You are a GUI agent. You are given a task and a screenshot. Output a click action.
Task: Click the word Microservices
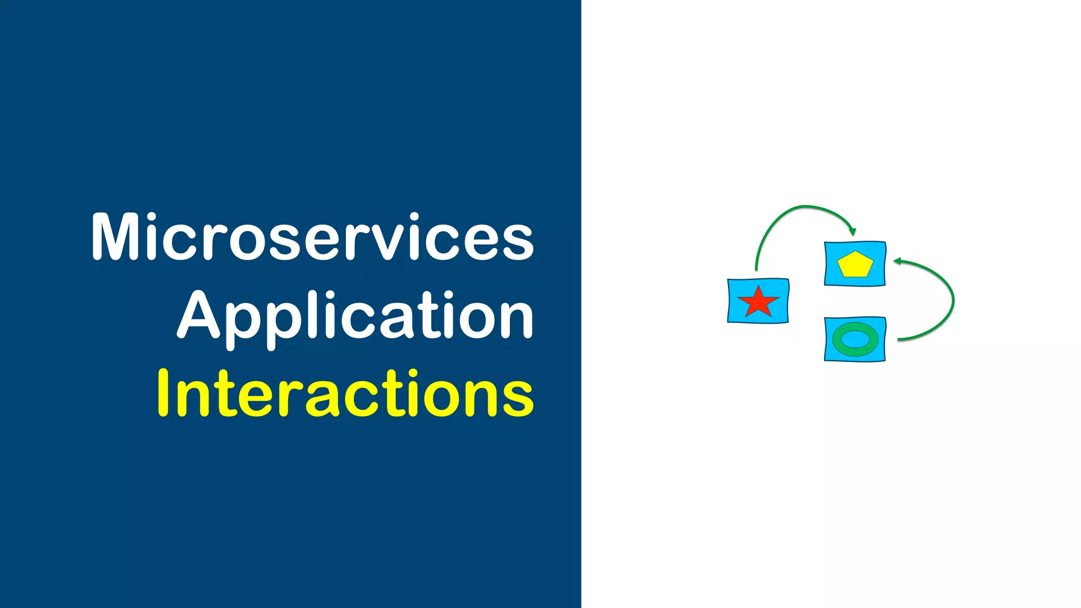[312, 237]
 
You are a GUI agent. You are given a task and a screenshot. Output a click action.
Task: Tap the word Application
[355, 317]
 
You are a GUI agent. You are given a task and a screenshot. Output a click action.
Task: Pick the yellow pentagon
[855, 265]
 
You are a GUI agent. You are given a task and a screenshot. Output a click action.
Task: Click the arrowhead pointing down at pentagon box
[852, 231]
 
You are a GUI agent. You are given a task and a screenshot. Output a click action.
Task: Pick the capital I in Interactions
[163, 393]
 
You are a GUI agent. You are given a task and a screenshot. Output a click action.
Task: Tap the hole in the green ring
[855, 339]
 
